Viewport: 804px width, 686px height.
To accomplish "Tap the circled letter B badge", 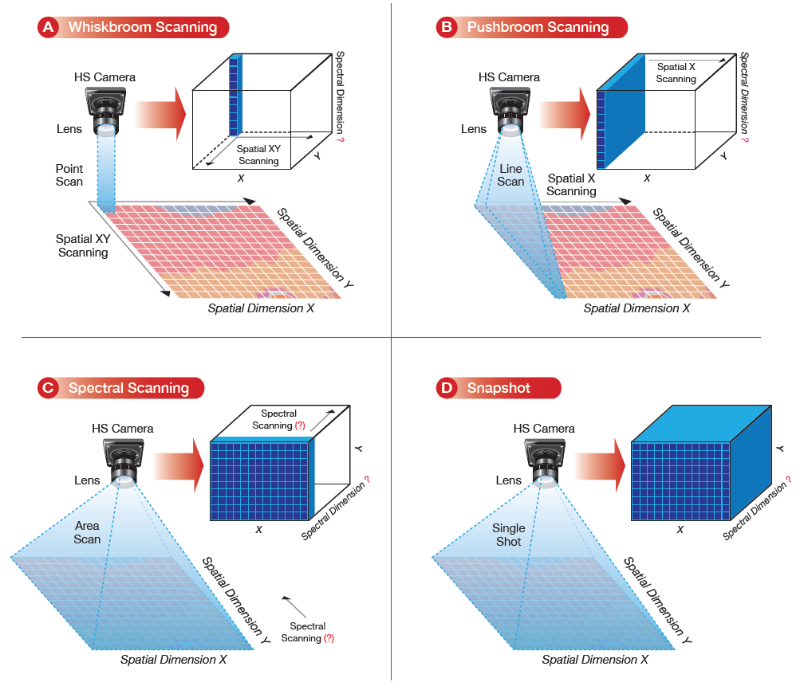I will coord(447,27).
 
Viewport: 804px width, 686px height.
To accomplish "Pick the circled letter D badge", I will coord(447,388).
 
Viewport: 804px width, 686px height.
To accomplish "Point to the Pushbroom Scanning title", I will coord(538,27).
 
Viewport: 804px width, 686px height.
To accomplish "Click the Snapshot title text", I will coord(510,388).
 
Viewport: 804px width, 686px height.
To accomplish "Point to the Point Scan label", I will coord(69,175).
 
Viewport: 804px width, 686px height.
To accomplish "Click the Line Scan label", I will coord(510,175).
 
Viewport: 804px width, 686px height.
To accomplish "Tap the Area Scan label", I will coord(87,532).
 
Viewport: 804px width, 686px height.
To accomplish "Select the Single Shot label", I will coord(509,535).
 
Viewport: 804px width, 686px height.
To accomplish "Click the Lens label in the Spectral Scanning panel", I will coord(87,480).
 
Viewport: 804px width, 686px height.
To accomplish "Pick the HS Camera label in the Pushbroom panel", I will coord(509,77).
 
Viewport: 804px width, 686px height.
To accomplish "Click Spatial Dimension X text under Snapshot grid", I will coord(595,660).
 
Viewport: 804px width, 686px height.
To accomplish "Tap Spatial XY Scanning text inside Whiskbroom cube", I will coord(258,155).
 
